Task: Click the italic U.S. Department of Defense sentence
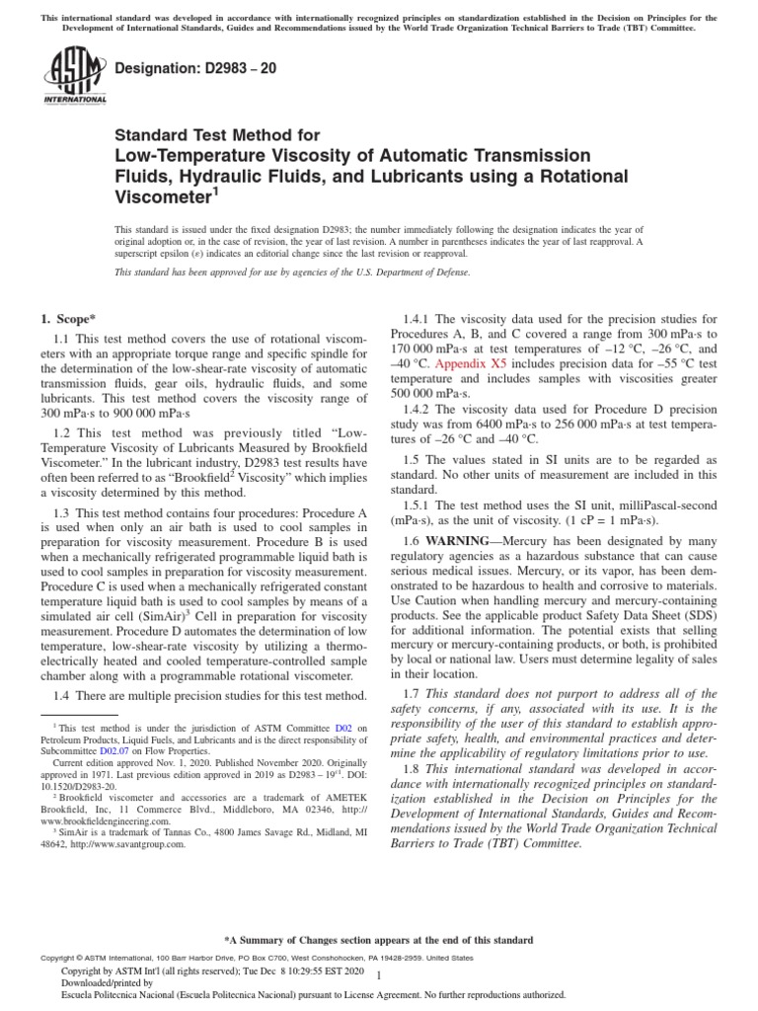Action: [292, 272]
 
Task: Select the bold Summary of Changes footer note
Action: [379, 940]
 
